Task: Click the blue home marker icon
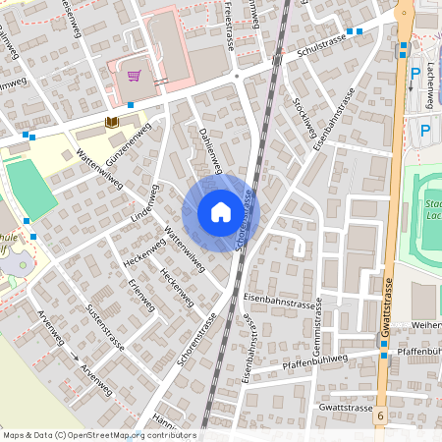click(x=220, y=212)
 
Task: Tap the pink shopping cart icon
click(x=134, y=75)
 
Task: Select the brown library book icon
click(x=111, y=121)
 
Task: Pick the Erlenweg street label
click(x=137, y=294)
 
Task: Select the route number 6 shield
click(x=379, y=417)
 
